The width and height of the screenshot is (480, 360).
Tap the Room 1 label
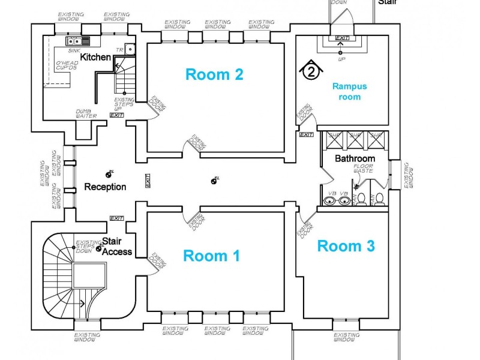pos(211,256)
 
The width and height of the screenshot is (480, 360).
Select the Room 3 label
pos(346,245)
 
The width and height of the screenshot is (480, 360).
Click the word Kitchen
pos(95,57)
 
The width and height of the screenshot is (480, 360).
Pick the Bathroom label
pos(355,159)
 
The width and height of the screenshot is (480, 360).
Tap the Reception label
pos(105,187)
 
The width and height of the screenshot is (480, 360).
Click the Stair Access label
pos(116,247)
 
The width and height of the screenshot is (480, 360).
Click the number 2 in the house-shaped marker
pos(310,72)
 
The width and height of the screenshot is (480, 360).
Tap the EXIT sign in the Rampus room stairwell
pos(342,38)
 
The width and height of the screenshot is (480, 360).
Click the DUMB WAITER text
pos(86,113)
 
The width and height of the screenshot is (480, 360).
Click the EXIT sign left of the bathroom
pos(306,135)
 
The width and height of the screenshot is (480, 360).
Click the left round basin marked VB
pos(332,201)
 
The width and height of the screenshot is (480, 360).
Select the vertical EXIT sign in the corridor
pos(148,182)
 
